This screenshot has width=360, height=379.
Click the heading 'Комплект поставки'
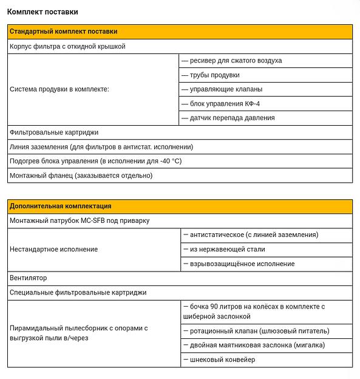click(x=42, y=12)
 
